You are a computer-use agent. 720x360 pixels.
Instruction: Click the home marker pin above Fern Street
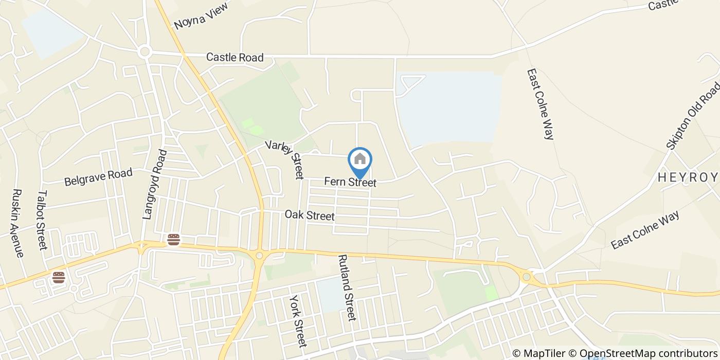point(360,160)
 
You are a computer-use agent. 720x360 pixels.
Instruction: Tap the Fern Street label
point(350,183)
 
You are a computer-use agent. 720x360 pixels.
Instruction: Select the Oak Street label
point(310,215)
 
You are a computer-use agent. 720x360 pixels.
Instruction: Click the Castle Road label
point(235,57)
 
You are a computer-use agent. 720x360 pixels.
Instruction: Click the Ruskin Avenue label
point(17,223)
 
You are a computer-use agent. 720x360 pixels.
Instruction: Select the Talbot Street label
point(42,220)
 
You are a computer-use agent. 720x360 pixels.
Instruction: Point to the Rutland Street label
point(347,287)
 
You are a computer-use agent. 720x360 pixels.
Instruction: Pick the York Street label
point(298,320)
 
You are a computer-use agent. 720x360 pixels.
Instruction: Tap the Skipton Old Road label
point(694,116)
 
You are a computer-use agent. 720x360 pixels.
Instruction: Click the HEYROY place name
point(688,178)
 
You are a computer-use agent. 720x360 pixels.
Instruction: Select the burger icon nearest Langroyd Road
point(174,239)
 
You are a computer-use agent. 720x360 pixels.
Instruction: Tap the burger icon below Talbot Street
point(59,278)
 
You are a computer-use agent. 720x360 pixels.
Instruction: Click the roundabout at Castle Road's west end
point(145,51)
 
